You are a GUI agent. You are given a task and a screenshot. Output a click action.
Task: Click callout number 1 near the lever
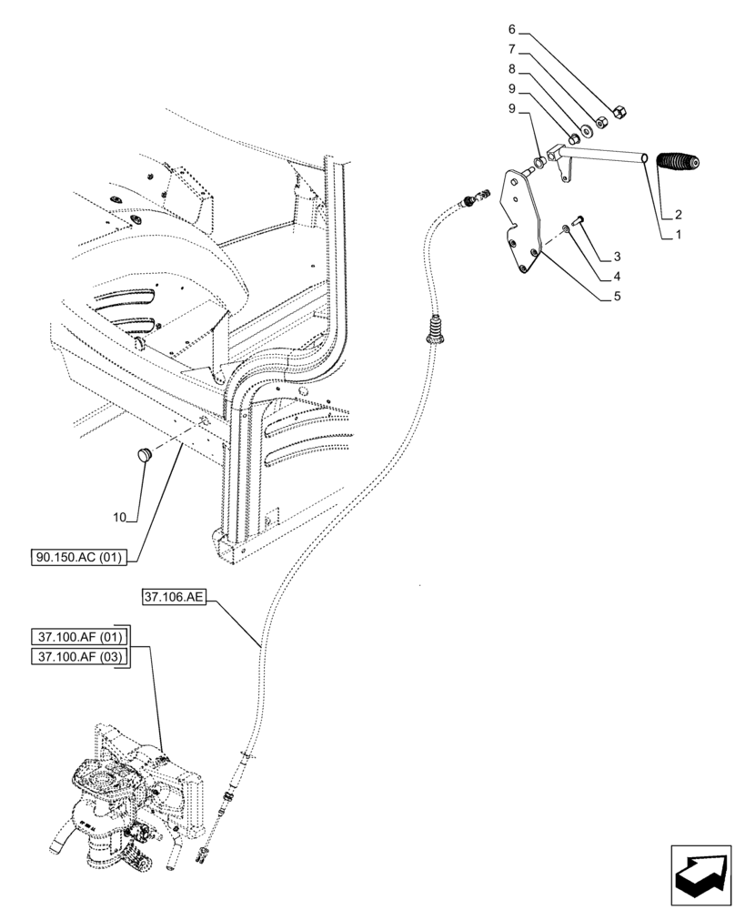[677, 235]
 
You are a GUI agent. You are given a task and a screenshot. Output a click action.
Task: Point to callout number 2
[677, 216]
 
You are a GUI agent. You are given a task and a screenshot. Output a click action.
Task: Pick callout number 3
[618, 256]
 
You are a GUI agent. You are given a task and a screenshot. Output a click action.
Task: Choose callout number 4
[618, 276]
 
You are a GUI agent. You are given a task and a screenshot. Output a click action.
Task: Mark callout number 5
[618, 296]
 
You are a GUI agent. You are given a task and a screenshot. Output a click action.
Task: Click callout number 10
[119, 518]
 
